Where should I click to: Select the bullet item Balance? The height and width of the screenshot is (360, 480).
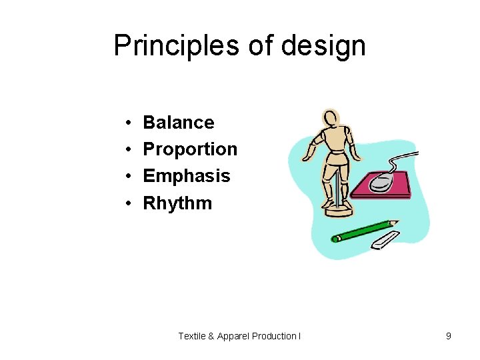tap(179, 123)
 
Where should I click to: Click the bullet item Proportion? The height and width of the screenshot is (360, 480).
tap(190, 149)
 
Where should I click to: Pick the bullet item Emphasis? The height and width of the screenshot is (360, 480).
tap(187, 176)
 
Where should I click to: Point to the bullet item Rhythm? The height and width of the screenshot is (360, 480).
tap(177, 203)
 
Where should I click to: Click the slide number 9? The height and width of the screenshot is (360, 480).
tap(449, 336)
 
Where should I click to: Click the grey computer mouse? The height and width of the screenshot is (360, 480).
tap(381, 181)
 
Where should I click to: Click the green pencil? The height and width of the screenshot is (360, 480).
tap(363, 231)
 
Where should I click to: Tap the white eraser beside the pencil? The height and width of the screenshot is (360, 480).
tap(386, 241)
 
